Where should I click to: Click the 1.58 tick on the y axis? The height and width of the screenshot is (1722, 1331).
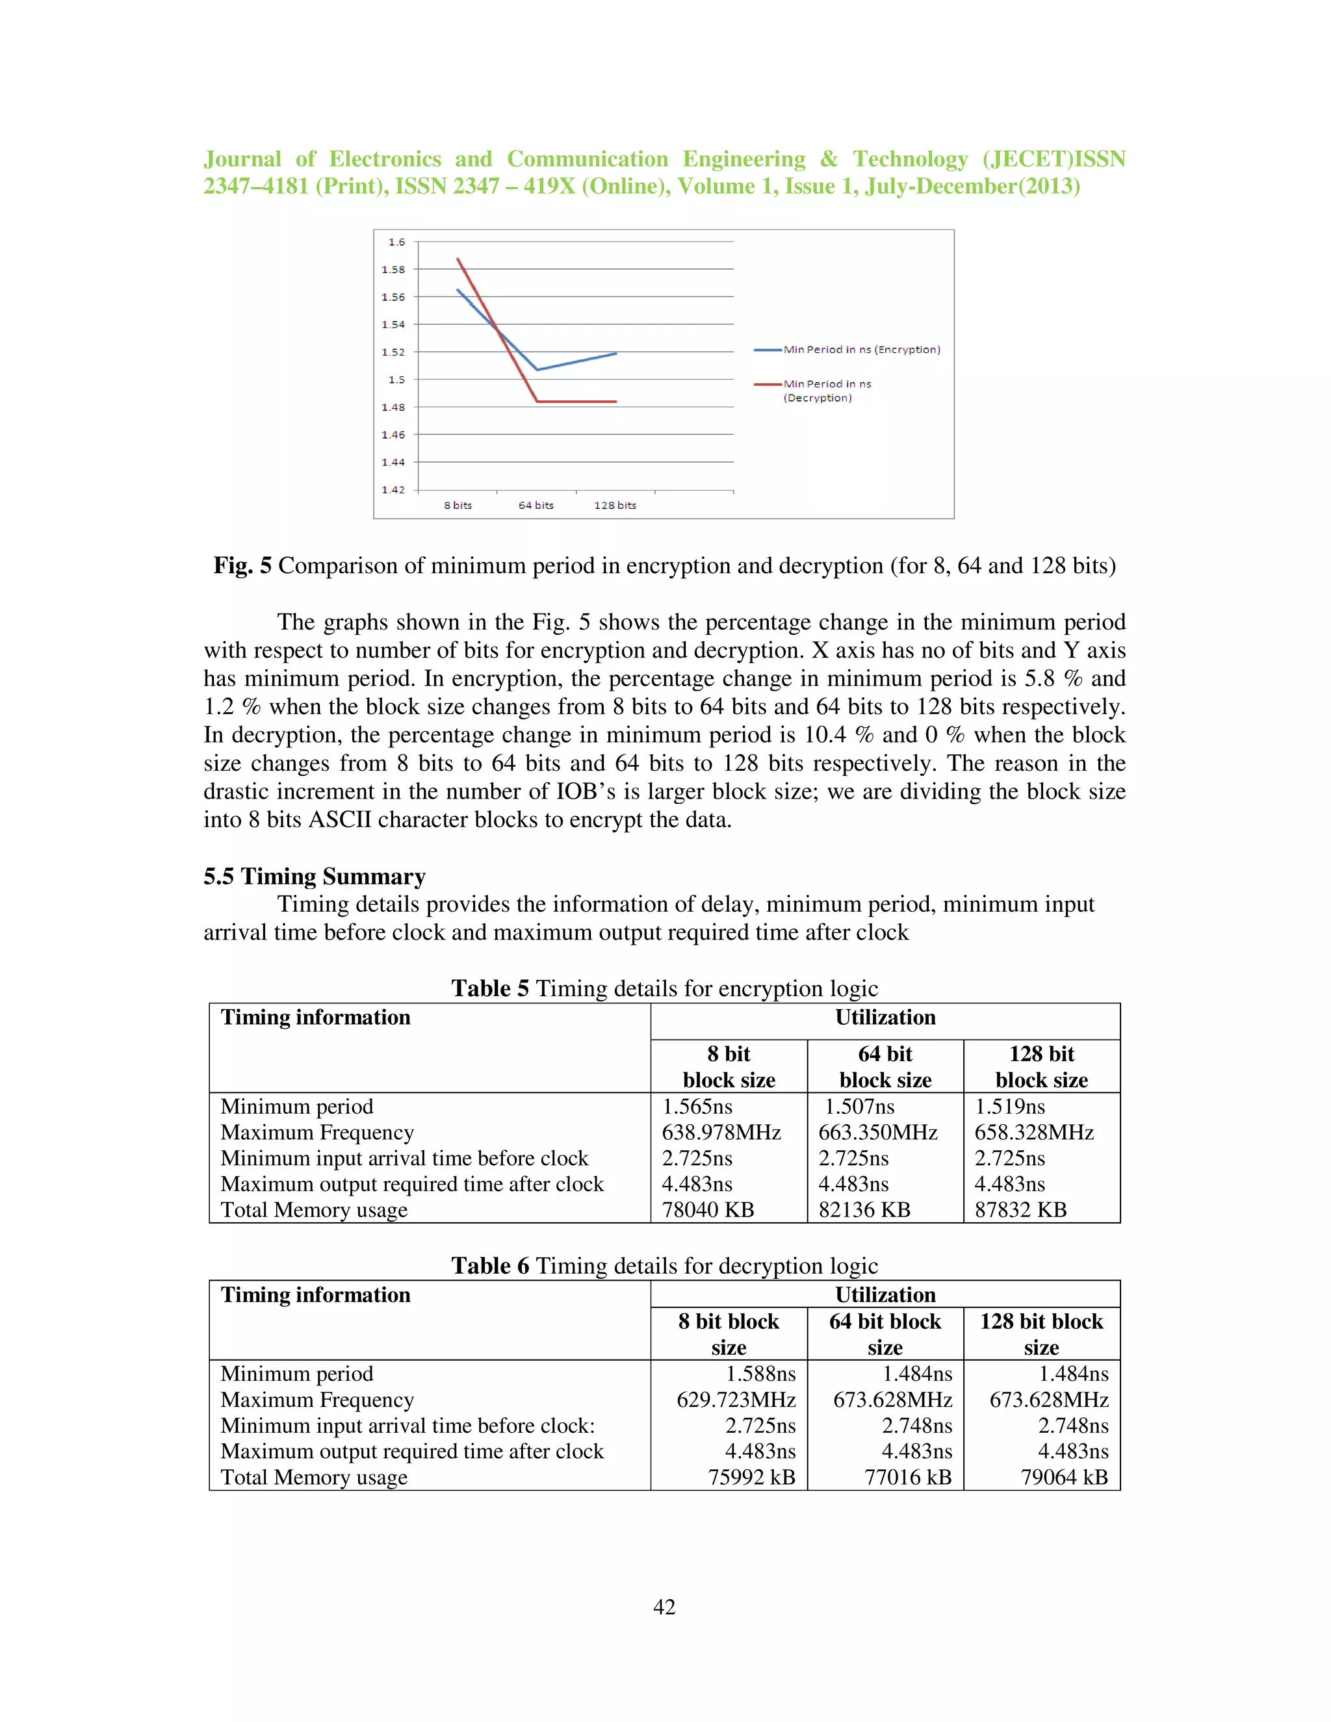point(393,270)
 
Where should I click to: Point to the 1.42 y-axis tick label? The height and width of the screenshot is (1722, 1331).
point(393,490)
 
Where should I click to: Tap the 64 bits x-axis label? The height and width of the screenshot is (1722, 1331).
point(536,506)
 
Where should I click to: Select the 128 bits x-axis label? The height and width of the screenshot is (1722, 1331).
point(614,506)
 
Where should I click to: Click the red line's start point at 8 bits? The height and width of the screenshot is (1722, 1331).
point(458,259)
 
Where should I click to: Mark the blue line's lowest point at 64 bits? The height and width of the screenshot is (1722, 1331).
point(537,369)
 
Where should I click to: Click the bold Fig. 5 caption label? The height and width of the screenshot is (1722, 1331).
point(242,565)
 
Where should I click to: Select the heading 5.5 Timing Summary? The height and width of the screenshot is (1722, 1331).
point(314,876)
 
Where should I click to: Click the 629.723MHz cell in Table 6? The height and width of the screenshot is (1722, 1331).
point(736,1400)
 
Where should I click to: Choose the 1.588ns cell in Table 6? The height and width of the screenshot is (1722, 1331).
point(760,1374)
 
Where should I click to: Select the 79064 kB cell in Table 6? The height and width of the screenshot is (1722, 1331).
point(1064,1477)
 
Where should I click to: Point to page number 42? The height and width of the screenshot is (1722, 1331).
point(664,1607)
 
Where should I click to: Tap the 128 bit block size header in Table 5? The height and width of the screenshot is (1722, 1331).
point(1041,1067)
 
